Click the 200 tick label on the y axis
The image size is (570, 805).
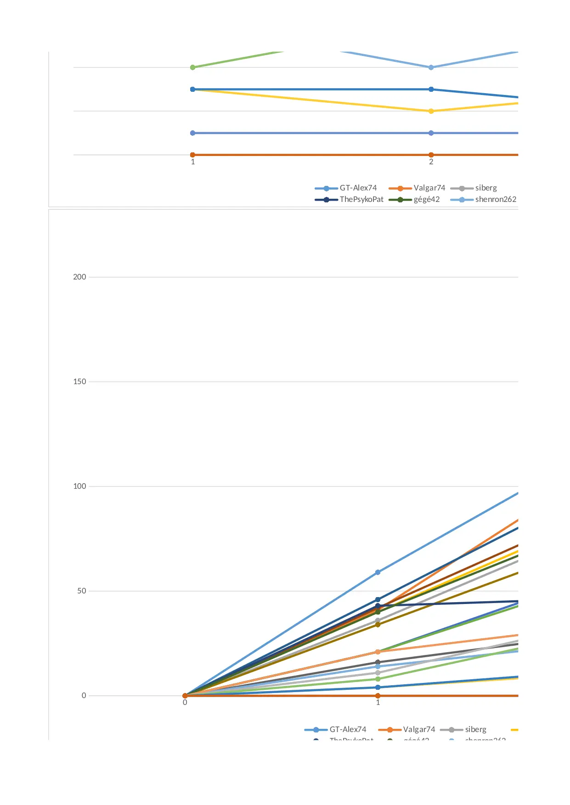[79, 277]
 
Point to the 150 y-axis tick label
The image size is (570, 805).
[79, 381]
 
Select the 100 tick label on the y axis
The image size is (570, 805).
[79, 486]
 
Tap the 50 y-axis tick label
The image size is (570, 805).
[81, 591]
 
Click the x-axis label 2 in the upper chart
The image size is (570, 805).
[431, 162]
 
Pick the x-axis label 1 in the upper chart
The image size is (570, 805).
[193, 162]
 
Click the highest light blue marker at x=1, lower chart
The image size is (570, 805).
[378, 572]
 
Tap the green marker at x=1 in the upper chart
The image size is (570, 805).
[193, 67]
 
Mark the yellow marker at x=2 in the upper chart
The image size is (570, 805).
[431, 111]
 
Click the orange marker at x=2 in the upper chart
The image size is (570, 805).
[431, 155]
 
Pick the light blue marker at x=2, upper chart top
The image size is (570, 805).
[431, 67]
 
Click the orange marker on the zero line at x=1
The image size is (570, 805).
[378, 696]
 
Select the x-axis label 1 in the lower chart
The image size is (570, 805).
[378, 703]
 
